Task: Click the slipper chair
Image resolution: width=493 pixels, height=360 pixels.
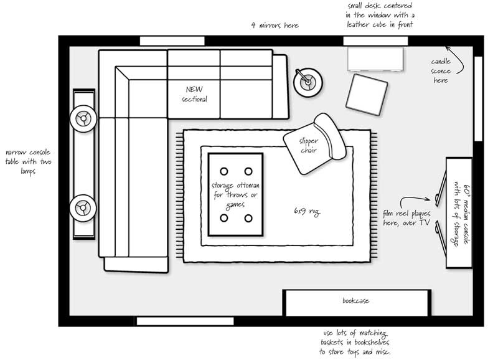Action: click(x=314, y=144)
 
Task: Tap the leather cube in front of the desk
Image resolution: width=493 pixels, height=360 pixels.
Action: click(x=367, y=95)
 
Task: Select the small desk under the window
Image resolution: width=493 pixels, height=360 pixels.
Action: click(x=375, y=59)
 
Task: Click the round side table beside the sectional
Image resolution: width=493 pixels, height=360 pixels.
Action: click(x=308, y=82)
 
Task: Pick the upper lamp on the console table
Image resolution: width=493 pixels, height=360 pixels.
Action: click(x=83, y=118)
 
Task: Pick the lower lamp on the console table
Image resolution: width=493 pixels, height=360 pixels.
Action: click(x=83, y=208)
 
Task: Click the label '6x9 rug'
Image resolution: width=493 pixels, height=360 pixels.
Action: click(x=307, y=212)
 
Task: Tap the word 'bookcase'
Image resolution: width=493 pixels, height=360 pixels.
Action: click(x=356, y=301)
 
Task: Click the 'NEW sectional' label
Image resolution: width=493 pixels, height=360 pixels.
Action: click(x=195, y=94)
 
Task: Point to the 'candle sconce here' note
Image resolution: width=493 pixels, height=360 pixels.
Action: click(x=441, y=71)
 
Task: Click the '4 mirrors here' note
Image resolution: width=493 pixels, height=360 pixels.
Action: click(x=275, y=25)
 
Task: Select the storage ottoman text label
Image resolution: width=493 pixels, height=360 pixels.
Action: click(x=235, y=195)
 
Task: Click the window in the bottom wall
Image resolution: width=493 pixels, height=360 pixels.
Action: click(x=185, y=321)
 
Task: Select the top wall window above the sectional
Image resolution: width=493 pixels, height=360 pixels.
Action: click(x=172, y=41)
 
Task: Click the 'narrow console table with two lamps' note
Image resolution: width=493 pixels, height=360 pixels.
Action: click(x=28, y=162)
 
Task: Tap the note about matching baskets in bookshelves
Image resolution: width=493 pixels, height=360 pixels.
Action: click(x=355, y=343)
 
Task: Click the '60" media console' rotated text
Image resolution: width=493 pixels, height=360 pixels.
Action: click(x=461, y=216)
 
